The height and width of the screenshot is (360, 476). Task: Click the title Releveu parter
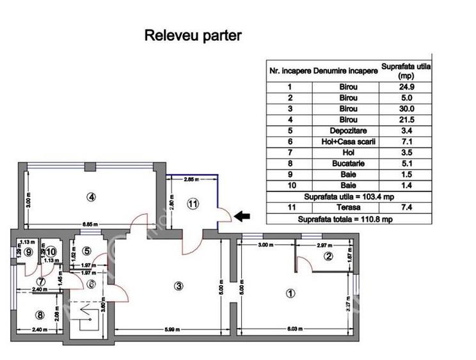(x=193, y=35)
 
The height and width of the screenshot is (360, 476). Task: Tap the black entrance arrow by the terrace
(x=241, y=217)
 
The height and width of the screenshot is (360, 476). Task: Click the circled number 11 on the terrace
(x=193, y=204)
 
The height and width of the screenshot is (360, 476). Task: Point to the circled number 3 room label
(x=178, y=286)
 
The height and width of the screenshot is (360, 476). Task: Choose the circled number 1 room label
(x=289, y=294)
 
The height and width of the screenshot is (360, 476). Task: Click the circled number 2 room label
(x=328, y=257)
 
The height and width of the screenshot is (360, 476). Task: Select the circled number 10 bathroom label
(x=51, y=252)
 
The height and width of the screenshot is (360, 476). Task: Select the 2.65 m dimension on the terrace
(x=189, y=180)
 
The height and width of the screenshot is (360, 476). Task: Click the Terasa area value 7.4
(x=405, y=208)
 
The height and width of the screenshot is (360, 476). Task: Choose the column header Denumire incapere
(x=345, y=70)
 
